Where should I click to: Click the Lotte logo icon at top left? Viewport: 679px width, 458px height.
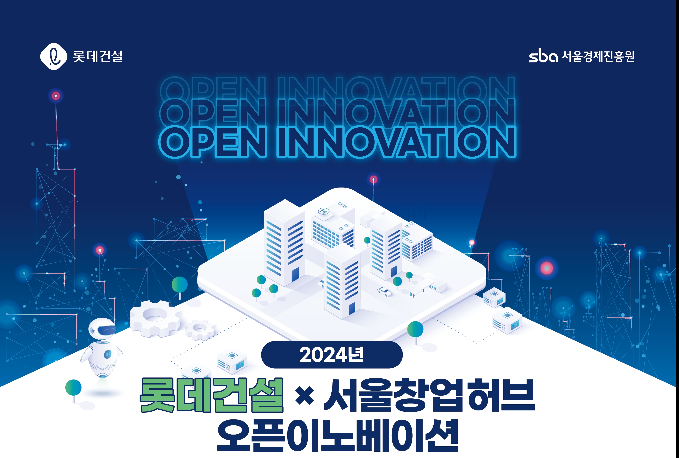[x=54, y=56]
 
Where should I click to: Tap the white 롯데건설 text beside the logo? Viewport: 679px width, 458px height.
[x=98, y=56]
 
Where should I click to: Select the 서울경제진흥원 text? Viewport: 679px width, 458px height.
[x=598, y=56]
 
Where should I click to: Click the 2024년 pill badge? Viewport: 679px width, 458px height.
[x=332, y=355]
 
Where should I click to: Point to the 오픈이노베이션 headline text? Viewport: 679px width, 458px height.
[x=337, y=436]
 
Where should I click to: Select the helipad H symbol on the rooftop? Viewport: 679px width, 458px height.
[x=323, y=211]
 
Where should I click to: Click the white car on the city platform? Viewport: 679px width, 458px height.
[x=385, y=291]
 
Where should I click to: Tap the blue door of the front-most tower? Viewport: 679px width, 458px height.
[x=352, y=309]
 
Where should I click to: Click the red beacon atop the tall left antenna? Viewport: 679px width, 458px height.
[x=56, y=96]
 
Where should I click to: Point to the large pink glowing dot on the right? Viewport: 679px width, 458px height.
[x=546, y=268]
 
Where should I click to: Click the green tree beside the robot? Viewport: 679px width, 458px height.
[x=73, y=388]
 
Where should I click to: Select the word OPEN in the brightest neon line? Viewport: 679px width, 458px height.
[x=213, y=142]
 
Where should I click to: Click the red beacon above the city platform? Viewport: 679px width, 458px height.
[x=373, y=179]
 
